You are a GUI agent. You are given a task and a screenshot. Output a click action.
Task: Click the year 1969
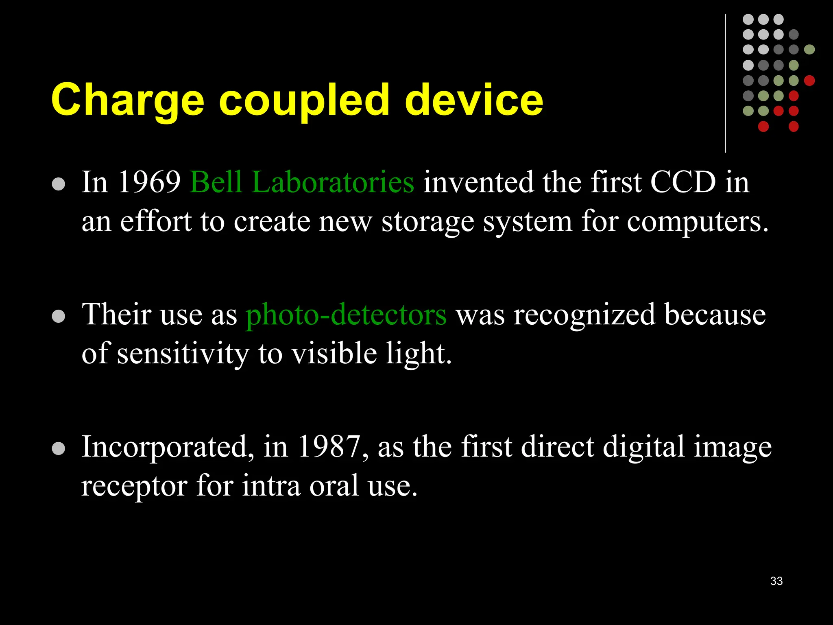coord(149,182)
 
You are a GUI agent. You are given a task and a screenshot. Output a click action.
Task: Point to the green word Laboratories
coord(333,182)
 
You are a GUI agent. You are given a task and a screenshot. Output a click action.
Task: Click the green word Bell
coord(216,182)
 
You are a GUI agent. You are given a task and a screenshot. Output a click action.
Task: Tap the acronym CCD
coord(683,182)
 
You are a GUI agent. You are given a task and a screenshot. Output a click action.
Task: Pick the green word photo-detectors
coord(346,315)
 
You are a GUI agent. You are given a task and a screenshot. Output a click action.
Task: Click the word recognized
coord(584,315)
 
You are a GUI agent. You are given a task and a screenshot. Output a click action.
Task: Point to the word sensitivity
coord(183,353)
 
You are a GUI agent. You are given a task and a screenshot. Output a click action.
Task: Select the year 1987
coord(329,447)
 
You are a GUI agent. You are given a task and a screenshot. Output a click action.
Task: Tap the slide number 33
coord(776,581)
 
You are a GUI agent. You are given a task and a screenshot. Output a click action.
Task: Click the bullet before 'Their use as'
coord(59,316)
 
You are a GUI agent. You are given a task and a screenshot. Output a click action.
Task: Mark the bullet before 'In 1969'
coord(59,184)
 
